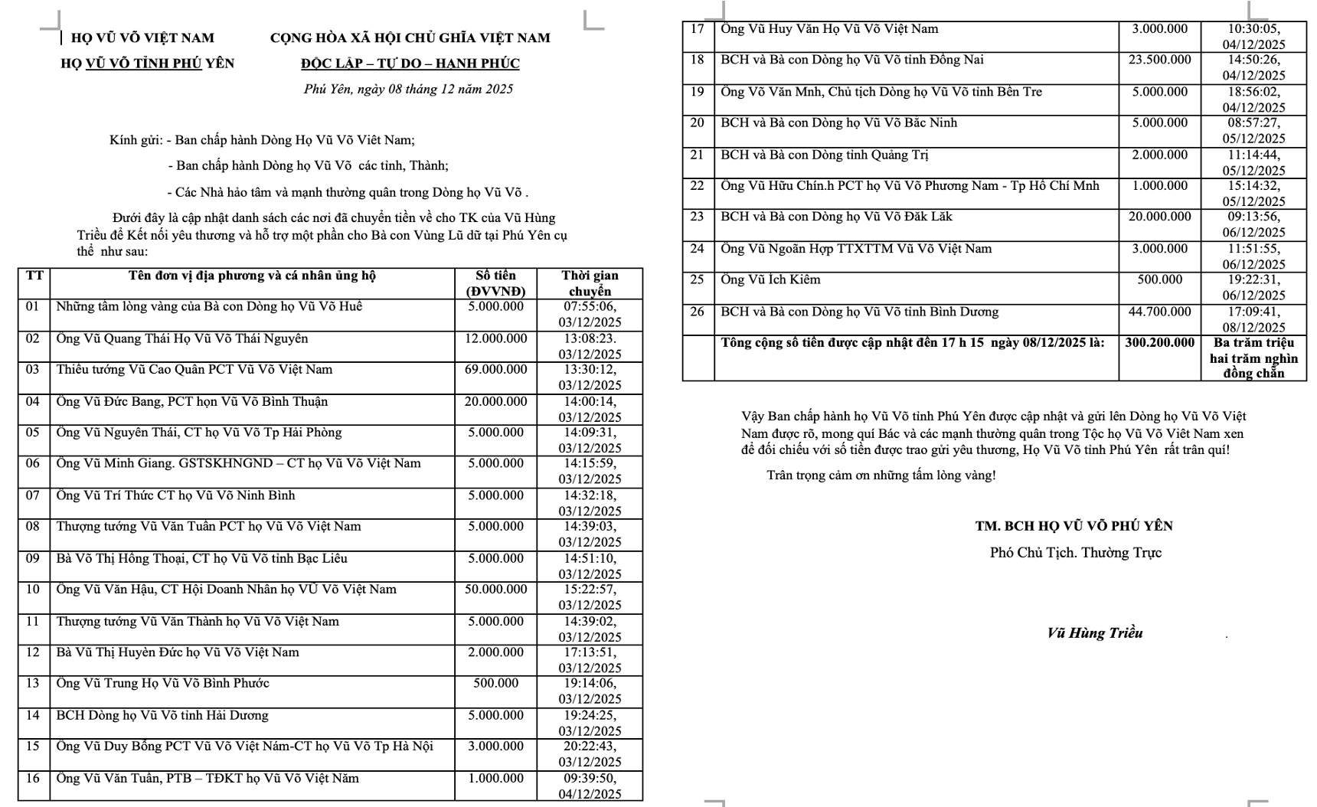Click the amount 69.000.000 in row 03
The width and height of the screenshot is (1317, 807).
[495, 370]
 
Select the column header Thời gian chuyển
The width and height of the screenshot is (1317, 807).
[590, 283]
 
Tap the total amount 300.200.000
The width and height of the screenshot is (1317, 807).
[1159, 343]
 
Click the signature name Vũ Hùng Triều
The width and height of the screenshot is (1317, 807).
[1094, 633]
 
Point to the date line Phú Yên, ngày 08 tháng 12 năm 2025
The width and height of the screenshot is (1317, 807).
[408, 90]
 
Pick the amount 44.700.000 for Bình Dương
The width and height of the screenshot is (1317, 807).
[1159, 312]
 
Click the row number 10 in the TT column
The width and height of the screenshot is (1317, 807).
[33, 590]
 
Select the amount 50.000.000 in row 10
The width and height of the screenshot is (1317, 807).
[495, 590]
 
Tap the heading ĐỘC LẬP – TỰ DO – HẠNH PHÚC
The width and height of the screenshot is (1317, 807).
[410, 64]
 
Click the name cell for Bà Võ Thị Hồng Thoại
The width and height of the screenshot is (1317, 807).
[201, 558]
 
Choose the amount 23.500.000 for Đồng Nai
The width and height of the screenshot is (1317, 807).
[1159, 60]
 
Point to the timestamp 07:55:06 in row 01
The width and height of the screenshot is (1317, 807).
[590, 307]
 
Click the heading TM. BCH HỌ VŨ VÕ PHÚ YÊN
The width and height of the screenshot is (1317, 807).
[1074, 526]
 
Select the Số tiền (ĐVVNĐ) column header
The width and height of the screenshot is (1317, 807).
[495, 283]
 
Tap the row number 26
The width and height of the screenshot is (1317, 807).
[697, 312]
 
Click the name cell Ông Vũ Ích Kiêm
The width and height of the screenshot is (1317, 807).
[770, 279]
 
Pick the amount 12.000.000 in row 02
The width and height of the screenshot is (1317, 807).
[495, 338]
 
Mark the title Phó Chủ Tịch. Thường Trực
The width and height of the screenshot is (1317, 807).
[1075, 553]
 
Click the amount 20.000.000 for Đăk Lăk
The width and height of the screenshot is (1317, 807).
[1159, 217]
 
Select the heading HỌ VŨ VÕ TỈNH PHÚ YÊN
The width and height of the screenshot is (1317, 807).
[147, 64]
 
